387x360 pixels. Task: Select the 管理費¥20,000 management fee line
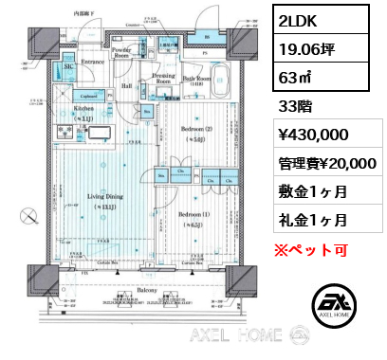click(326, 164)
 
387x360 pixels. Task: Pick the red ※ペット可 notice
click(313, 250)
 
